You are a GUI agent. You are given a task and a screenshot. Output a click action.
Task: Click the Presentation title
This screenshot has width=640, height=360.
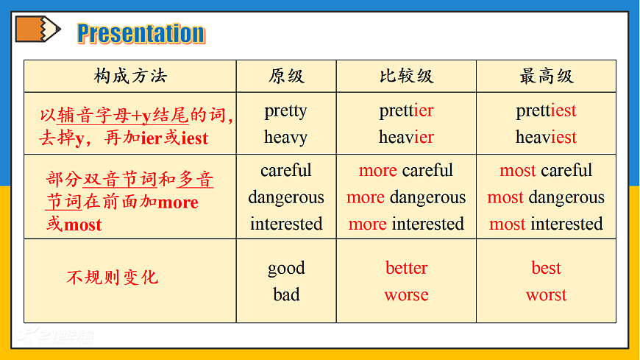(x=141, y=33)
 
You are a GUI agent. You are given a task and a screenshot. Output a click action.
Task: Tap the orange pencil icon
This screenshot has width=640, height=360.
(x=37, y=29)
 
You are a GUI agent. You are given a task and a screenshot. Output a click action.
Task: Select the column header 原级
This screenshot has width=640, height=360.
(x=286, y=77)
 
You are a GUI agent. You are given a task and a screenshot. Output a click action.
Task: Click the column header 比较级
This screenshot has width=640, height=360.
(x=406, y=77)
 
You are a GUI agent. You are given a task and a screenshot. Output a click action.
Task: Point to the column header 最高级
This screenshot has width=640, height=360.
(x=546, y=77)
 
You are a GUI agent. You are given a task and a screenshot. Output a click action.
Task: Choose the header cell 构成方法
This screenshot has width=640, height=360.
(x=130, y=76)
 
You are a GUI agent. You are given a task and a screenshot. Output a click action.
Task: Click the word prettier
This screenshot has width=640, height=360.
(x=406, y=111)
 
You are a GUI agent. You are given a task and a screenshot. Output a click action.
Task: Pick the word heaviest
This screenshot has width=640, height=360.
(x=546, y=138)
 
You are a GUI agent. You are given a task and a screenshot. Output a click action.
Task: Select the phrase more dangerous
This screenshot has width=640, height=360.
(x=406, y=197)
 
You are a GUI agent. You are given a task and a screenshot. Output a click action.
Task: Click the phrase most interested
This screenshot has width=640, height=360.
(x=546, y=224)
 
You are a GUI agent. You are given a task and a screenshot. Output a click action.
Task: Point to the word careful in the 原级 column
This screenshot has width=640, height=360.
(x=286, y=171)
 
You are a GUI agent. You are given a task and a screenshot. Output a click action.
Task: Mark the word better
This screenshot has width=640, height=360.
(x=406, y=268)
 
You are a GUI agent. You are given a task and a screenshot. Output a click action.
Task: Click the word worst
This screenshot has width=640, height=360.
(x=546, y=295)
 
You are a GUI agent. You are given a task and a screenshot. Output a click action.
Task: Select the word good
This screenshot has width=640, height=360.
(x=286, y=268)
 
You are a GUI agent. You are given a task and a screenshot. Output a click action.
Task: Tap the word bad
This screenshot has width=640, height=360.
(x=286, y=295)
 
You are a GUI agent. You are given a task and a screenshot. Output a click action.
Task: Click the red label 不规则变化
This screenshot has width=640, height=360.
(x=112, y=278)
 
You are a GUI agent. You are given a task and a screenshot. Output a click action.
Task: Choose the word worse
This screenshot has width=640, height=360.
(x=406, y=295)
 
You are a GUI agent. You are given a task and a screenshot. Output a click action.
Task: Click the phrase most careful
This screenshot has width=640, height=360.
(x=546, y=171)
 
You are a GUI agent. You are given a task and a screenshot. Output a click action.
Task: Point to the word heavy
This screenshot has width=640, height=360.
(x=285, y=138)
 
